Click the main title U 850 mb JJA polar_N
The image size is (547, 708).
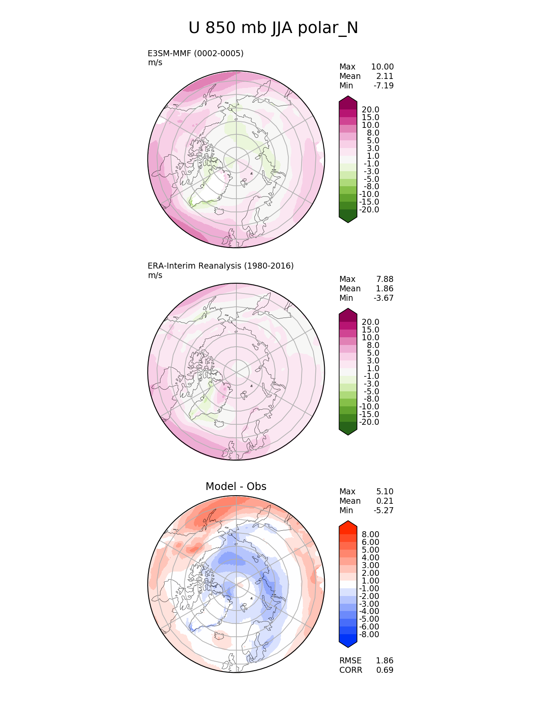click(273, 28)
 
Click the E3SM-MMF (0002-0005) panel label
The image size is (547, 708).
click(196, 53)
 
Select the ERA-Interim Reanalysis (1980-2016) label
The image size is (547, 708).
click(221, 266)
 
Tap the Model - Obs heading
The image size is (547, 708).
click(236, 486)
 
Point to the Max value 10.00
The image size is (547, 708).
click(382, 67)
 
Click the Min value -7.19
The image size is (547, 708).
click(384, 85)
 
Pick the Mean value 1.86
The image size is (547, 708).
click(385, 288)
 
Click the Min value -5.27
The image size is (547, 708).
click(384, 510)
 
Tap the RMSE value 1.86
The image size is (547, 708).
click(385, 660)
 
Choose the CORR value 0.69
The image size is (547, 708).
click(385, 670)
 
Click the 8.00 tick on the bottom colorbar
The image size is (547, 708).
click(370, 534)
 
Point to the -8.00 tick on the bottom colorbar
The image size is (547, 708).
click(369, 634)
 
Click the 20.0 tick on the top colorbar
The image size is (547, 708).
click(370, 110)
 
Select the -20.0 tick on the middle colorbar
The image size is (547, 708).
click(369, 422)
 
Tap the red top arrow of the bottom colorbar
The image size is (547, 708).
click(348, 526)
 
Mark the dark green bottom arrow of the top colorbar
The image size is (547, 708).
click(348, 217)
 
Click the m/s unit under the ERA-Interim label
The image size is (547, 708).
click(155, 275)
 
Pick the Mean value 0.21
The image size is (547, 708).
click(385, 501)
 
